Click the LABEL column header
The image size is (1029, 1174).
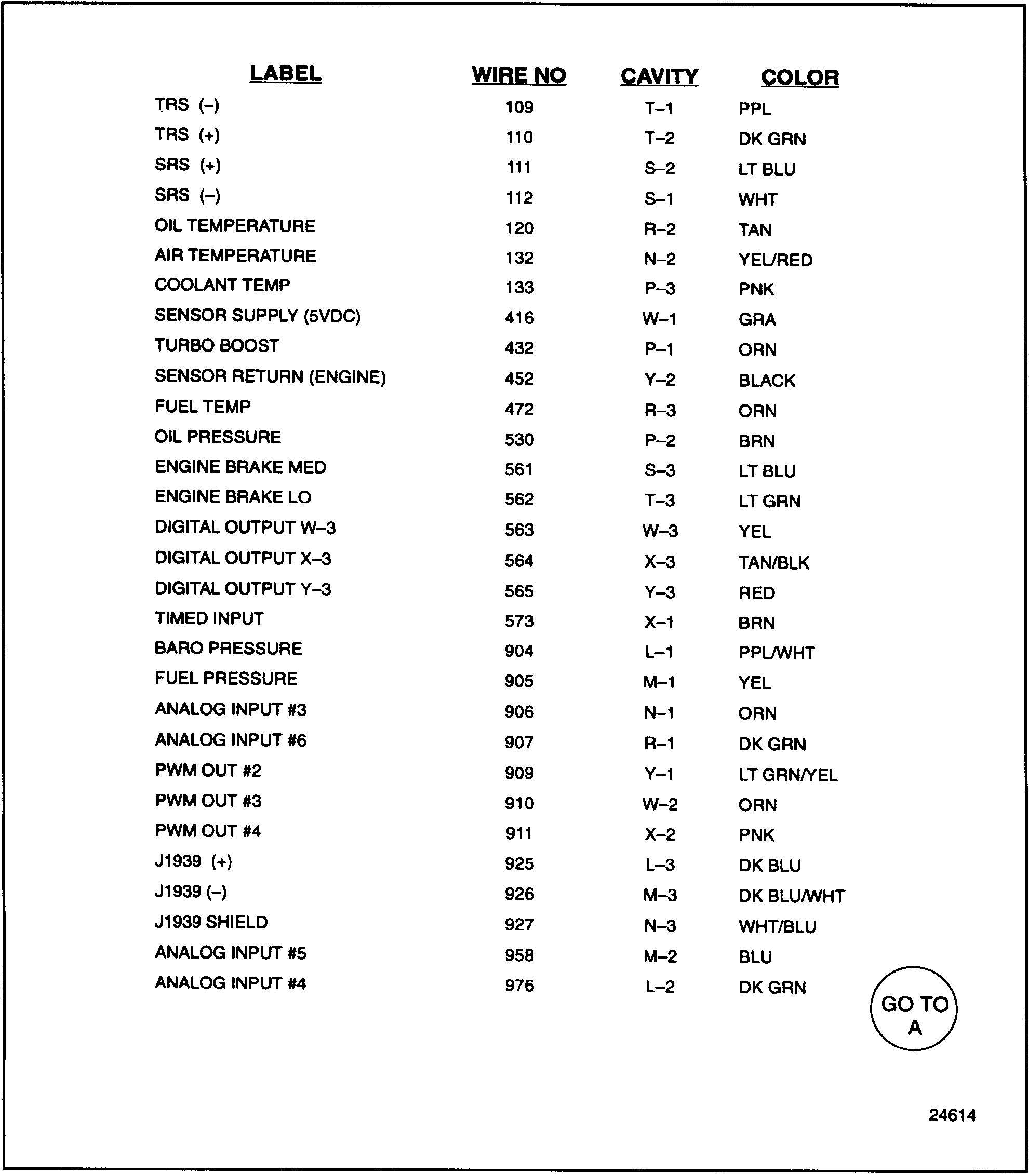coord(285,74)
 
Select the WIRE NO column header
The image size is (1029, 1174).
coord(518,75)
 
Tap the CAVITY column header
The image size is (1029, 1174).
coord(659,76)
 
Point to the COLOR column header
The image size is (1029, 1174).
coord(799,77)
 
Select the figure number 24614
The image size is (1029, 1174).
coord(952,1115)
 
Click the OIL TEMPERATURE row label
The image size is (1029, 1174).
coord(235,226)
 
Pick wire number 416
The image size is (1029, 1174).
coord(519,317)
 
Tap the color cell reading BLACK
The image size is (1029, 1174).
coord(767,380)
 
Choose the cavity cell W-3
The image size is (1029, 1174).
coord(660,531)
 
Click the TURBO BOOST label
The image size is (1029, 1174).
coord(217,346)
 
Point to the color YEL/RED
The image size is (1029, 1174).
coord(775,260)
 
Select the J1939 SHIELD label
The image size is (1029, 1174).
coord(211,922)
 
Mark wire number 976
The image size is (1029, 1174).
coord(519,986)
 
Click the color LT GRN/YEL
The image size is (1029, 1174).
coord(788,774)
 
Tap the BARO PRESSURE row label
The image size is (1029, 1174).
coord(228,648)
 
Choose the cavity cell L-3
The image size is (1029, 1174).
coord(660,865)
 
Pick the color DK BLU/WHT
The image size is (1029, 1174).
coord(791,896)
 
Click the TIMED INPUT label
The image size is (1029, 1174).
coord(209,618)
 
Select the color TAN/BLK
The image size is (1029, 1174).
coord(773,562)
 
